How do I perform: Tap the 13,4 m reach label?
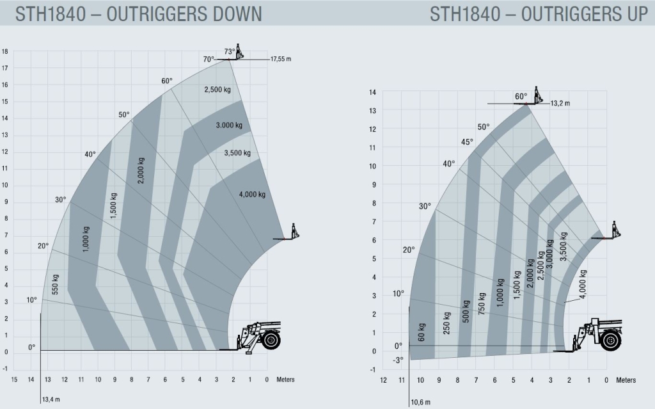(x=51, y=401)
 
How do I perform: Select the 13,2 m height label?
(x=560, y=103)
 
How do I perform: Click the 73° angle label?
(x=230, y=52)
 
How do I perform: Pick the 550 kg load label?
(x=56, y=285)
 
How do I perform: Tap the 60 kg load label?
(x=422, y=332)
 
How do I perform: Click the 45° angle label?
(x=467, y=141)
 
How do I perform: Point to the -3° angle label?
(x=399, y=360)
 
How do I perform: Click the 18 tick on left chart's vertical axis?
(x=4, y=51)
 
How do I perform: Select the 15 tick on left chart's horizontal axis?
(x=14, y=380)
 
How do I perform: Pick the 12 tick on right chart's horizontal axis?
(x=383, y=380)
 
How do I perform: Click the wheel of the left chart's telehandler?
(x=271, y=340)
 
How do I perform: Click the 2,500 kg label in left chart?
(x=217, y=90)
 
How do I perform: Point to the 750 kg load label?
(x=482, y=303)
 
